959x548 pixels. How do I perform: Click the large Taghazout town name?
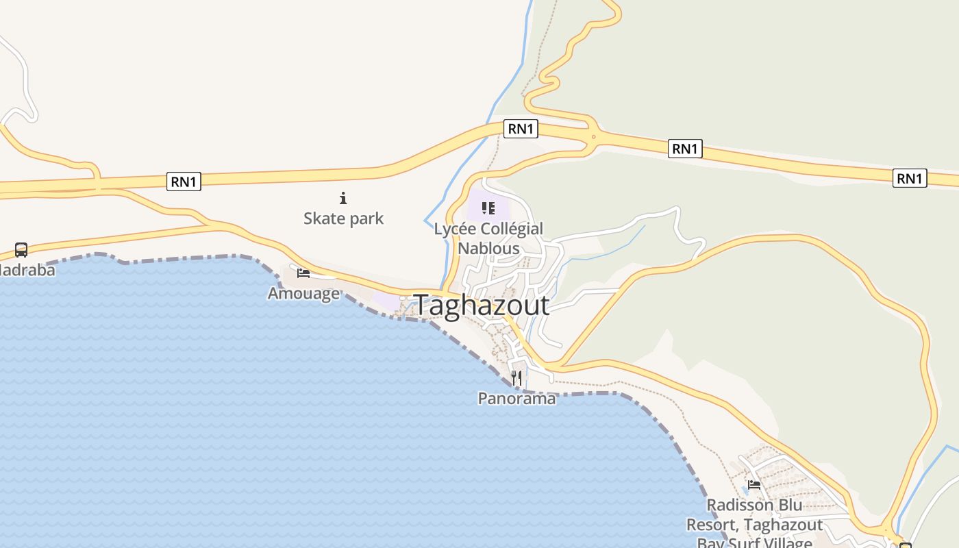(482, 306)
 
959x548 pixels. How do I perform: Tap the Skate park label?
(343, 219)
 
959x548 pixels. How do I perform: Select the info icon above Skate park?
(343, 199)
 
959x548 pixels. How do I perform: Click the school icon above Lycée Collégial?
(488, 208)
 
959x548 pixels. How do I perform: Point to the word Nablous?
(488, 248)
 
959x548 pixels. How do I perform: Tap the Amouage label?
(303, 293)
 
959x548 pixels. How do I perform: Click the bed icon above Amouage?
(303, 273)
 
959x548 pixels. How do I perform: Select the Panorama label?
(516, 398)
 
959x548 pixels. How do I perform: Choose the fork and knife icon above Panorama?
(516, 377)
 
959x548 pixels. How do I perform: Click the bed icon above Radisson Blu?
(754, 485)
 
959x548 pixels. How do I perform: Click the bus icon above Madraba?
(21, 250)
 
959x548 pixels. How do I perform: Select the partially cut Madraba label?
(27, 270)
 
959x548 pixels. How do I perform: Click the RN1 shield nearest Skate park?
(184, 182)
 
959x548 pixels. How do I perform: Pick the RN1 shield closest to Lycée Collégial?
(521, 128)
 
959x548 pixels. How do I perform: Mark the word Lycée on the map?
(454, 229)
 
